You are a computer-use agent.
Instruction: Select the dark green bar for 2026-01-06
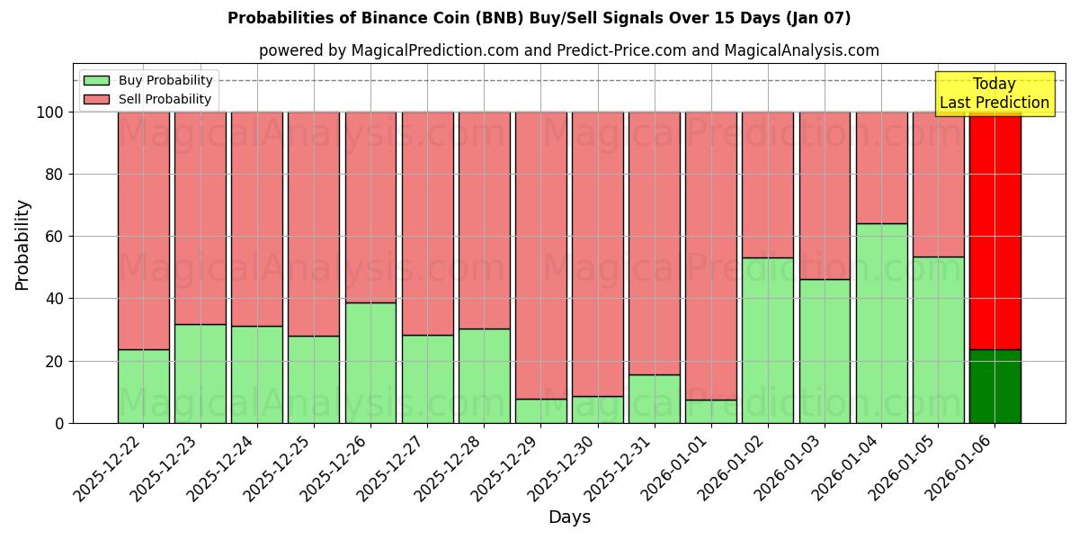994,386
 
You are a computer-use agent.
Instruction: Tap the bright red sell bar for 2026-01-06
994,230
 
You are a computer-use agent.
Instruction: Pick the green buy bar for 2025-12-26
370,363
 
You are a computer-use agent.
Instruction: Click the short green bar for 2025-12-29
540,410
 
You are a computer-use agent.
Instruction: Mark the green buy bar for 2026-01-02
768,340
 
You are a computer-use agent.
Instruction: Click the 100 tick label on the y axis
50,112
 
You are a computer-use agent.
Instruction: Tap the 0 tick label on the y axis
59,423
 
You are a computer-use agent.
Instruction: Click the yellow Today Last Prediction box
994,94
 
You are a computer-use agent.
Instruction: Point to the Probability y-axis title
22,245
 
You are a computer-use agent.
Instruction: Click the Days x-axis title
569,517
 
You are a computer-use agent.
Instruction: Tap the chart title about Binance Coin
539,18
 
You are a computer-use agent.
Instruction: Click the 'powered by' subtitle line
568,50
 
